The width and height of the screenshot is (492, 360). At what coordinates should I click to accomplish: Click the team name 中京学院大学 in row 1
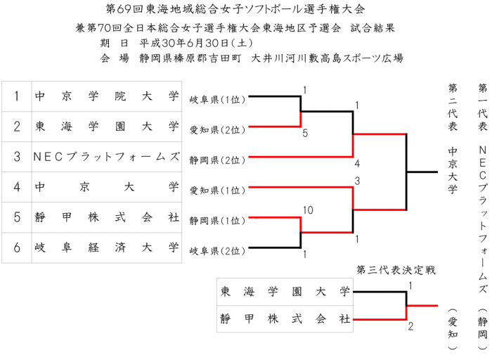tap(106, 97)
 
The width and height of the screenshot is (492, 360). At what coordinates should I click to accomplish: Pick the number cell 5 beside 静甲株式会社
tap(17, 217)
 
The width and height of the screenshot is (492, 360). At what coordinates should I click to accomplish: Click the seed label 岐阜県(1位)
tap(217, 100)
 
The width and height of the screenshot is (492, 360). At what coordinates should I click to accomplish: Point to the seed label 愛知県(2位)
tap(217, 130)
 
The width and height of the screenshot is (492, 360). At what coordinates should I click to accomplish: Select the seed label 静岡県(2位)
tap(217, 160)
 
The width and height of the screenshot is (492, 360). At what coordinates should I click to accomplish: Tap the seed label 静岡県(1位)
tap(217, 220)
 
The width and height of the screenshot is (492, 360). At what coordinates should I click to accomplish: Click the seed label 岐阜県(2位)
tap(217, 250)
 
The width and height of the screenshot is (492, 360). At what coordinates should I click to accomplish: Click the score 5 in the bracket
tap(305, 133)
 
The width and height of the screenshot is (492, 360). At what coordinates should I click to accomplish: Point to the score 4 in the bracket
tap(358, 164)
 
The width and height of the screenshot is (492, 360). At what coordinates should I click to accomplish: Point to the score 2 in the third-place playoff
tap(411, 326)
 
